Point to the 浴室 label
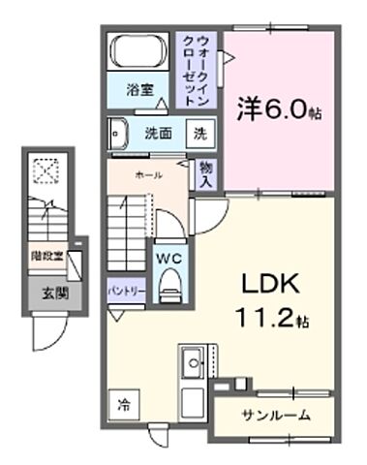[x=140, y=90]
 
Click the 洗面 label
[x=159, y=133]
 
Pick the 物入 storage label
[x=206, y=173]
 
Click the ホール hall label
[x=148, y=175]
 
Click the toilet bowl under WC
[x=168, y=282]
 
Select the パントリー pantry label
[x=126, y=290]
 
